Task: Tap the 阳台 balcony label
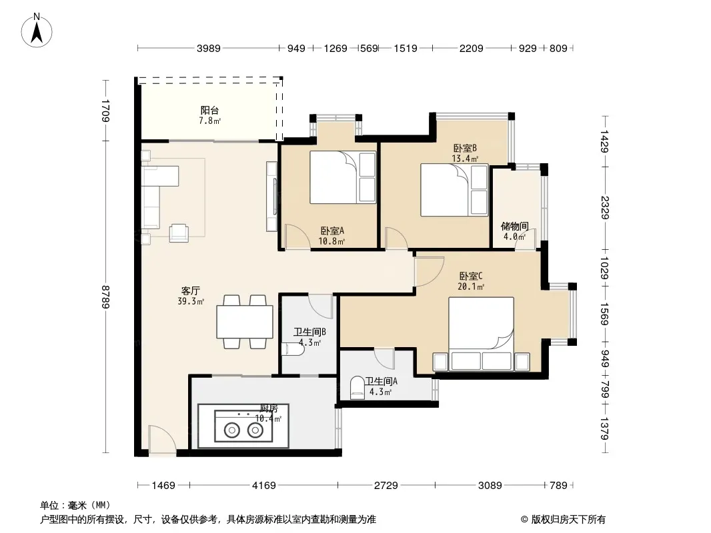tap(209, 110)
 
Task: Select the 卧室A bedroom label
tap(332, 231)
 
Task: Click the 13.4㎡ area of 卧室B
tap(465, 159)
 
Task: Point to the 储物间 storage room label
tap(514, 226)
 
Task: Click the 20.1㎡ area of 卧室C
tap(471, 286)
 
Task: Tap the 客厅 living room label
tap(191, 290)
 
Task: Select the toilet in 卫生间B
tap(293, 349)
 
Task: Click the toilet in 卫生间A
tap(358, 388)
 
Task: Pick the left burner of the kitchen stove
tap(231, 430)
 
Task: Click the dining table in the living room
tap(245, 322)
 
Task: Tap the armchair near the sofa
tap(179, 233)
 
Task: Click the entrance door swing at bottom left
tap(162, 439)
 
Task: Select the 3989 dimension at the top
tap(209, 48)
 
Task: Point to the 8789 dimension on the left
tap(105, 296)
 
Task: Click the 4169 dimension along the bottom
tap(264, 486)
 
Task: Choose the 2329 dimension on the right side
tap(604, 207)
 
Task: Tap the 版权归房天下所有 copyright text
tap(563, 520)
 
